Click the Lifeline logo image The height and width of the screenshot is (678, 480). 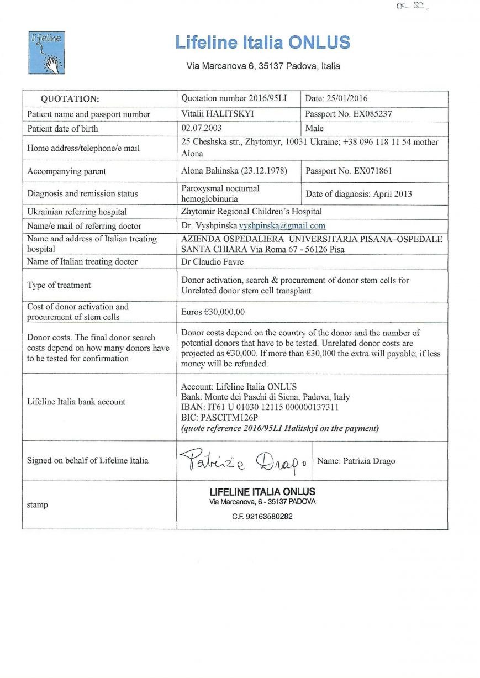tap(47, 52)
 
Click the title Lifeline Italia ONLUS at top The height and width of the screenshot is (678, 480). tap(262, 43)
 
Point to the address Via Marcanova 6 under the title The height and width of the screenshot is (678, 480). tap(263, 66)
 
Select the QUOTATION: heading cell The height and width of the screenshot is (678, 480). tap(70, 99)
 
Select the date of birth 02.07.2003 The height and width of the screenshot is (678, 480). tap(202, 128)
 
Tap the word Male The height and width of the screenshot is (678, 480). tap(314, 128)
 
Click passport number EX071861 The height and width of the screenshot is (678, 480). tap(349, 171)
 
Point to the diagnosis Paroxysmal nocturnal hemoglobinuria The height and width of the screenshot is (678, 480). tap(220, 193)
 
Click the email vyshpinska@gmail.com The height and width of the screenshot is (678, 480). tap(282, 226)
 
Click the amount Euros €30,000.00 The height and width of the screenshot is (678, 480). tap(213, 312)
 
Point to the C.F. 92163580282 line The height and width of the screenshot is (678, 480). tap(262, 517)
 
